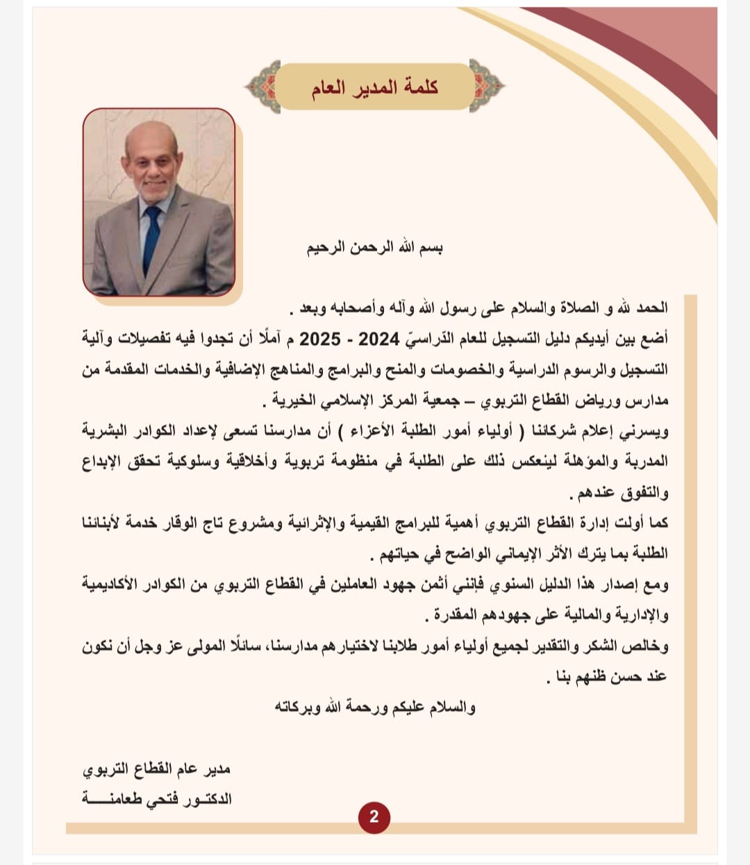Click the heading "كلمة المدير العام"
pyautogui.click(x=374, y=87)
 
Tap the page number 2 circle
pyautogui.click(x=374, y=816)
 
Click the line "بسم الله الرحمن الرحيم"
pyautogui.click(x=375, y=248)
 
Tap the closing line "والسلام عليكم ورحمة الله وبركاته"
pyautogui.click(x=375, y=707)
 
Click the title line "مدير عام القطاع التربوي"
pyautogui.click(x=157, y=769)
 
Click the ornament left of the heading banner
pyautogui.click(x=262, y=87)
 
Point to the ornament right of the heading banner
pyautogui.click(x=488, y=87)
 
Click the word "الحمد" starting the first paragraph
pyautogui.click(x=653, y=308)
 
